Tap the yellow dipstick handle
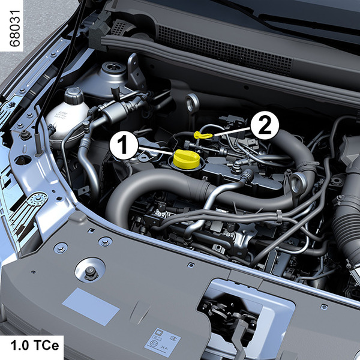pos(203,135)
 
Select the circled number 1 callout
pos(124,145)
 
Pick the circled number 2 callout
pos(265,125)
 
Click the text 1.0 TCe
pos(35,346)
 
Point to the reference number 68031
pos(15,28)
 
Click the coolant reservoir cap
pos(74,95)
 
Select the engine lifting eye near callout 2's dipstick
pos(192,103)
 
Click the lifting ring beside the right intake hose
pos(298,183)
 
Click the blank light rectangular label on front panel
pos(91,307)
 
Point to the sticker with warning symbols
pos(163,342)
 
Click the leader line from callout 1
pos(155,151)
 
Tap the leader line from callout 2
pos(232,132)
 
